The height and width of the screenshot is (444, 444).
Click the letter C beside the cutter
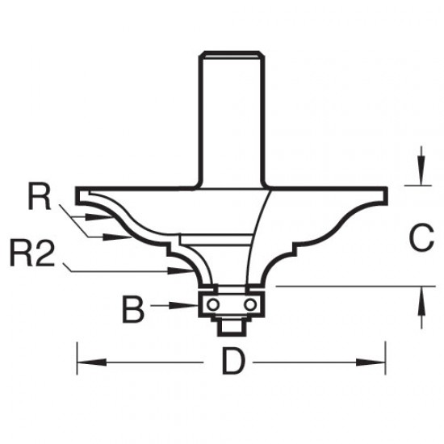[x=421, y=238]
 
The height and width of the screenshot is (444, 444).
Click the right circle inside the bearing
[x=251, y=304]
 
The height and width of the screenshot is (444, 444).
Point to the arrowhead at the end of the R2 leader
[x=185, y=273]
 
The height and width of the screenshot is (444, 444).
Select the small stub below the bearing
[x=232, y=325]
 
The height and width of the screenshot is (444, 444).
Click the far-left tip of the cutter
[x=77, y=193]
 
